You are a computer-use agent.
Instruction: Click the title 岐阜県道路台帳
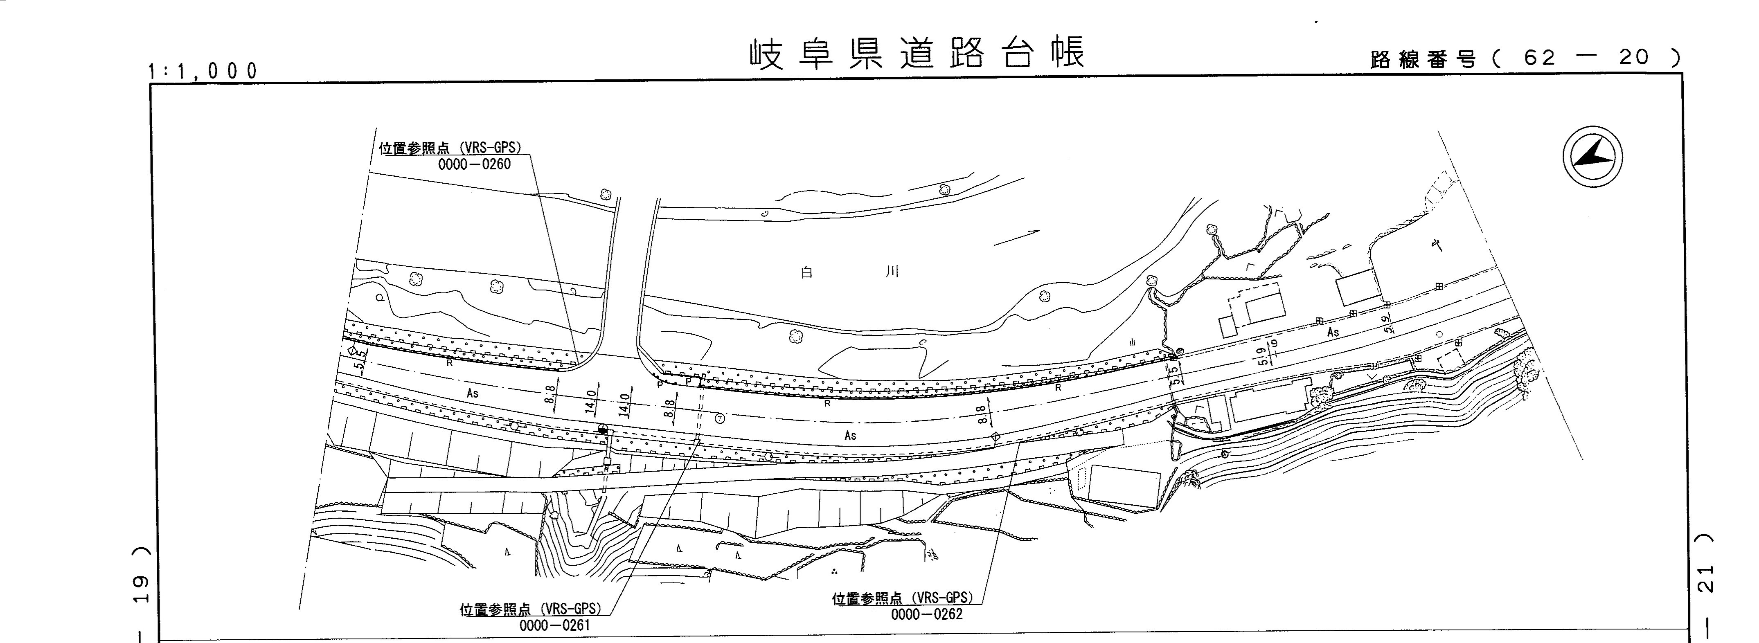click(917, 53)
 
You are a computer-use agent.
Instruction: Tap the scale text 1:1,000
click(203, 70)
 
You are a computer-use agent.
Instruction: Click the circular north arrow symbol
click(1592, 156)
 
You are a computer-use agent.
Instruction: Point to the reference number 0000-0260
click(474, 164)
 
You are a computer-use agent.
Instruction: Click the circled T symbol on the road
click(720, 418)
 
